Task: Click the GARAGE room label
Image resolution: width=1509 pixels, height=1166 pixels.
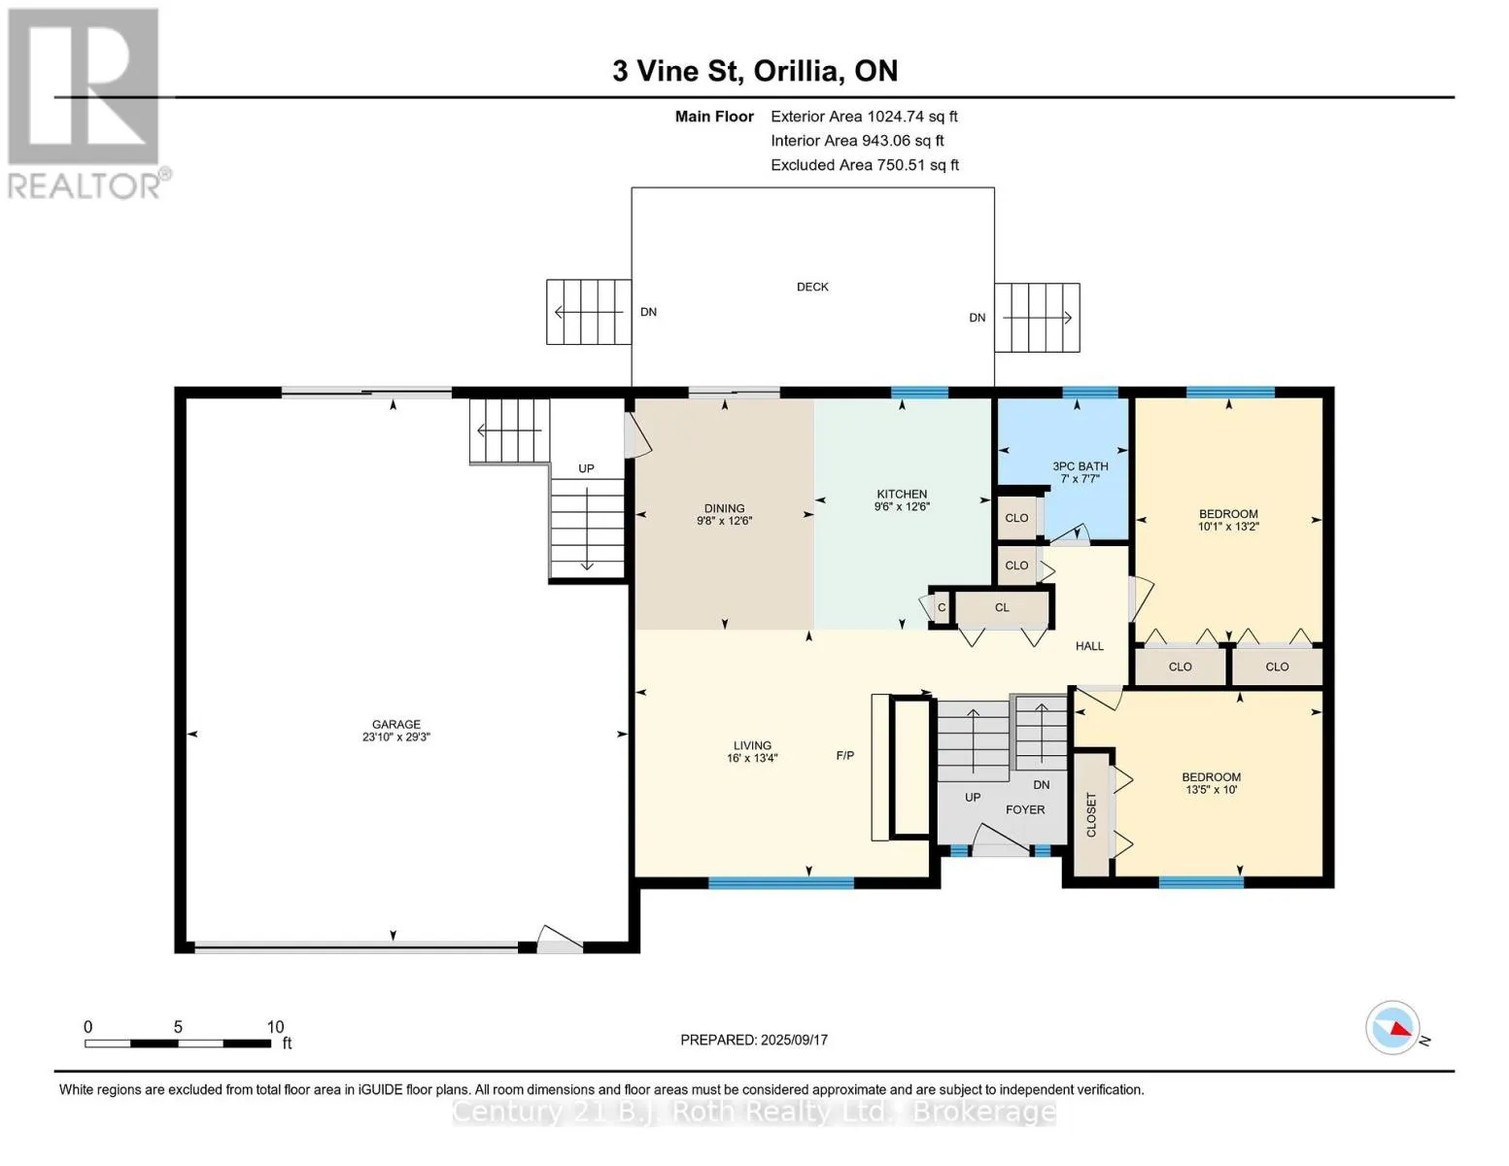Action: click(395, 724)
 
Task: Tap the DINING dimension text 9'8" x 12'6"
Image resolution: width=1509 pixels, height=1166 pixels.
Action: click(724, 521)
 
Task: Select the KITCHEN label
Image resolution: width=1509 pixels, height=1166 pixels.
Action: click(902, 494)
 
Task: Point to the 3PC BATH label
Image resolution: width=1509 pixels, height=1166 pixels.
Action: click(1080, 466)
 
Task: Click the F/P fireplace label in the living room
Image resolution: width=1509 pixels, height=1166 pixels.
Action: click(845, 755)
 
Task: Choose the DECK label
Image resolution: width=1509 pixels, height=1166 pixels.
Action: click(812, 287)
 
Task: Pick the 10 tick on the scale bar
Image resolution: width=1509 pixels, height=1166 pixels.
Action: click(276, 1026)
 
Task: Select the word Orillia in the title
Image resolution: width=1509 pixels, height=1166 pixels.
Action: click(796, 71)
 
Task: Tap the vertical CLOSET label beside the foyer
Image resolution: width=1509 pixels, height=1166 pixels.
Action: click(1091, 814)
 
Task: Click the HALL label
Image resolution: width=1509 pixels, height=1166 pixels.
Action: click(1089, 646)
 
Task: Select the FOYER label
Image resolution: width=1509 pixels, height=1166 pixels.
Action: click(1025, 809)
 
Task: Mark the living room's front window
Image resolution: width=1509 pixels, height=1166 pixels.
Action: click(780, 882)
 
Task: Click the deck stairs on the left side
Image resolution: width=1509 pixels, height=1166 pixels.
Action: click(588, 312)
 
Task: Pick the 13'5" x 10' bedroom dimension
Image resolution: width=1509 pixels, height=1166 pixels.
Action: click(1211, 790)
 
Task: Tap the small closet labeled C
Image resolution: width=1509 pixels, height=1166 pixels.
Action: click(942, 607)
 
